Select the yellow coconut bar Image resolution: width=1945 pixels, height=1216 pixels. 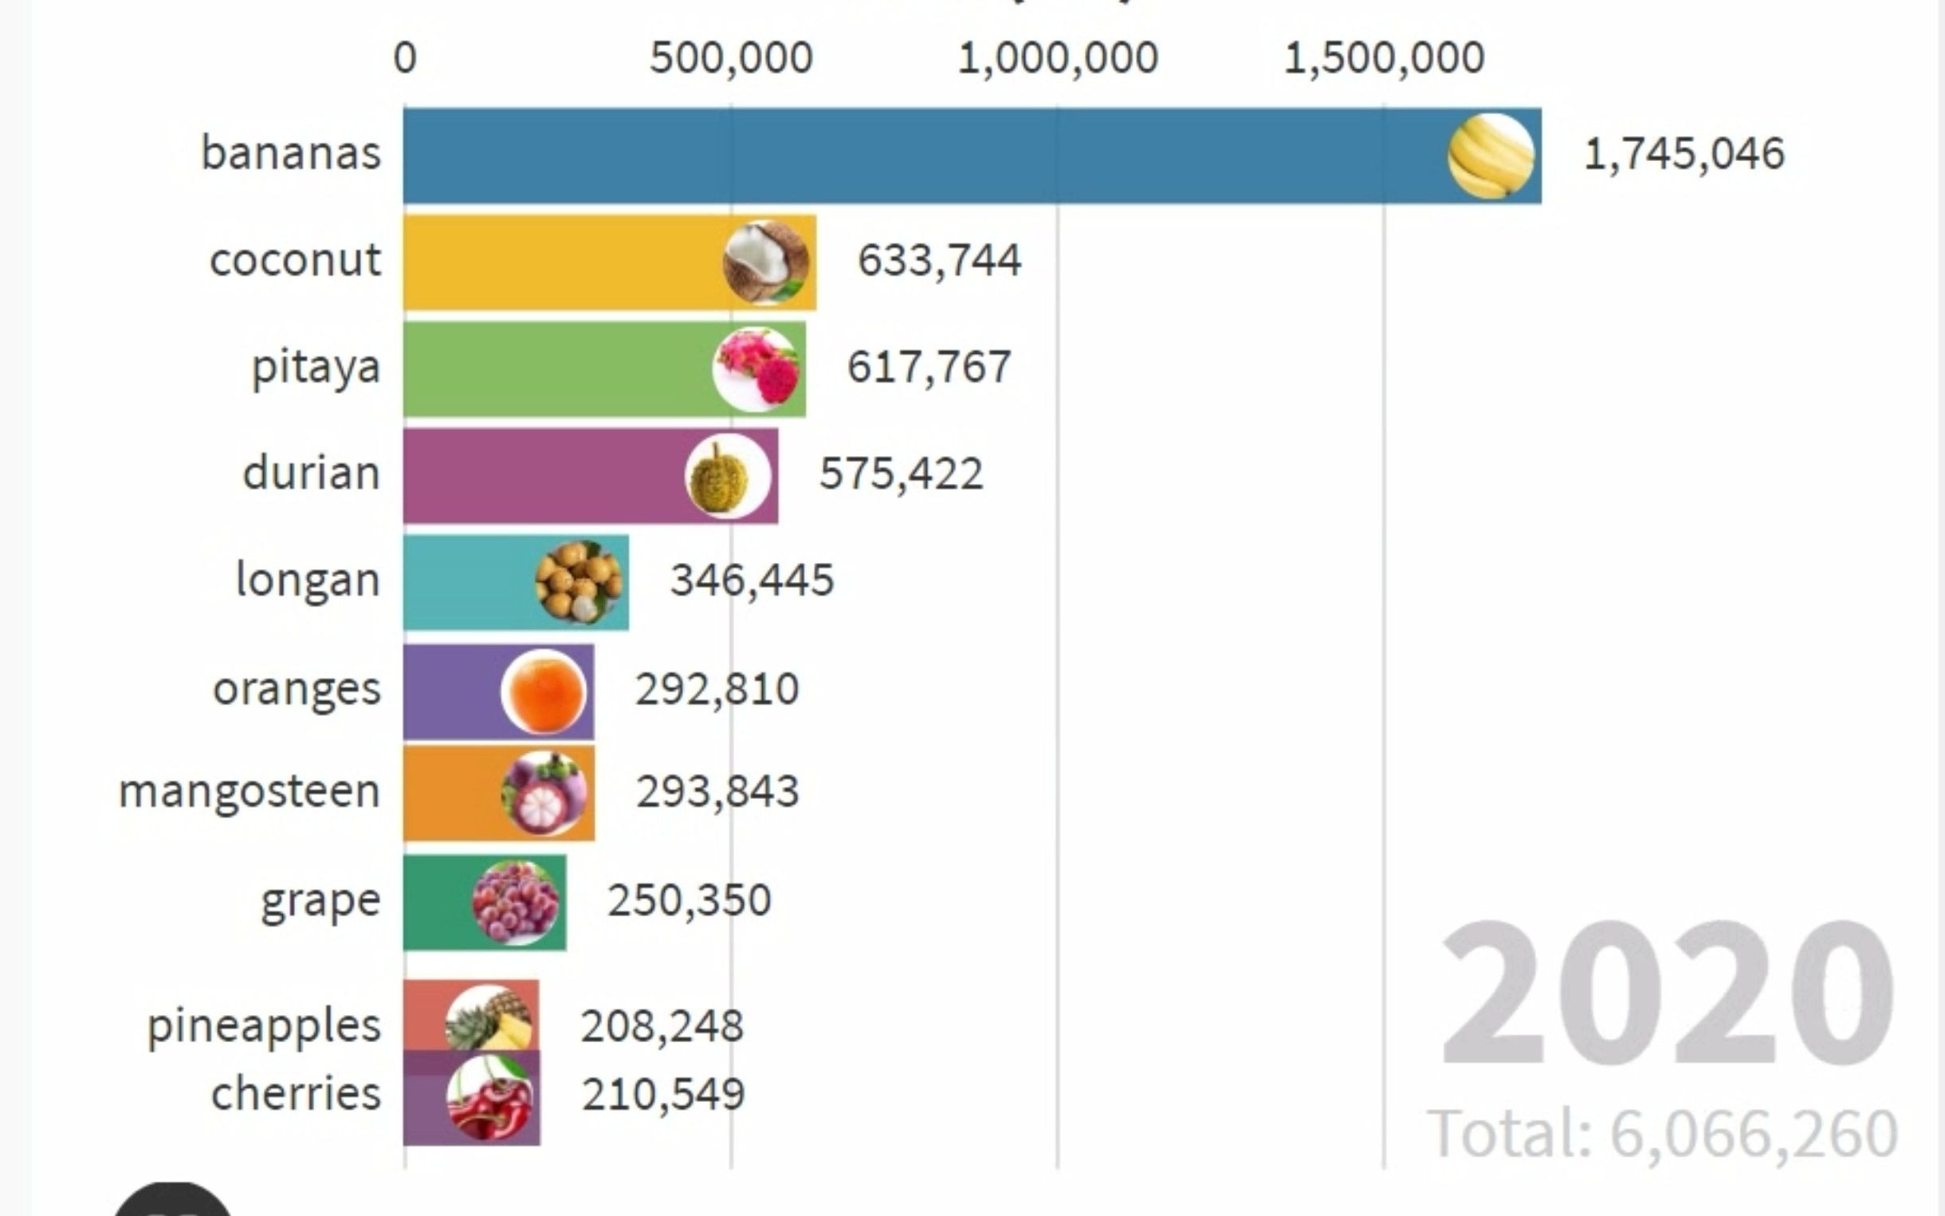pos(563,262)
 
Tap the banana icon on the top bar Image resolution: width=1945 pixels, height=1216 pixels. pos(1491,156)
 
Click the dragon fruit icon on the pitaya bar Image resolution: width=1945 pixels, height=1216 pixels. pos(756,369)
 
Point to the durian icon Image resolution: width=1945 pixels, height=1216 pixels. pos(727,476)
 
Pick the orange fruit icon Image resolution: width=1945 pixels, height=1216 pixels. pos(544,691)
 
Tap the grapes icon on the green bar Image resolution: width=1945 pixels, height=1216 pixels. pos(516,902)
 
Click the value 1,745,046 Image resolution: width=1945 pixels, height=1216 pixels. pos(1683,154)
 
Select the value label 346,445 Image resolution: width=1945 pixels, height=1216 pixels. pos(752,580)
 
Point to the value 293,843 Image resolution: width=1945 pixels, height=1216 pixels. pos(717,791)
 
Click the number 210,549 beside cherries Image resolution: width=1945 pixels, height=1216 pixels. pos(663,1095)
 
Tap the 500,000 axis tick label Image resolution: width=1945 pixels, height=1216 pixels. pos(731,58)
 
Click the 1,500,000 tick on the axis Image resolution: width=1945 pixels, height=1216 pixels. pos(1384,58)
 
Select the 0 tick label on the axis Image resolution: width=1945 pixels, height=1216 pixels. pos(405,58)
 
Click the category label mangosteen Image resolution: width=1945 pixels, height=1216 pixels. pos(250,791)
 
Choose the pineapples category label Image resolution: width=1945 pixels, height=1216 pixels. pos(264,1026)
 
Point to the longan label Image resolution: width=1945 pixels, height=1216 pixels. pos(308,580)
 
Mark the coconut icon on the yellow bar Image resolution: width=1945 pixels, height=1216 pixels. pos(765,262)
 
